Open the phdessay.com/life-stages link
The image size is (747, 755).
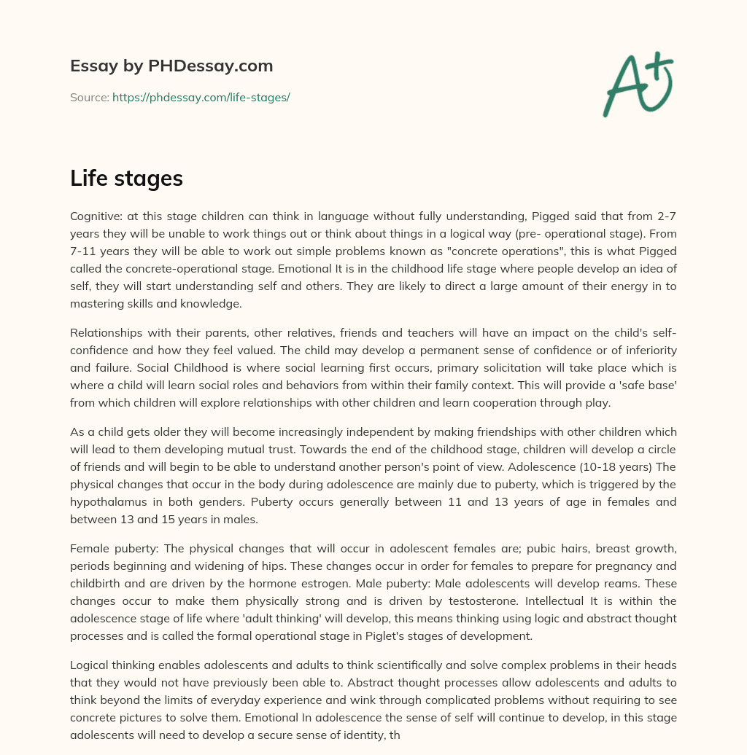201,97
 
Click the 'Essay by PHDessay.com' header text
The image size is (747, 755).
171,66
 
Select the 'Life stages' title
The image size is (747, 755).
126,179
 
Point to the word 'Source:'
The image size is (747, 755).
89,97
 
